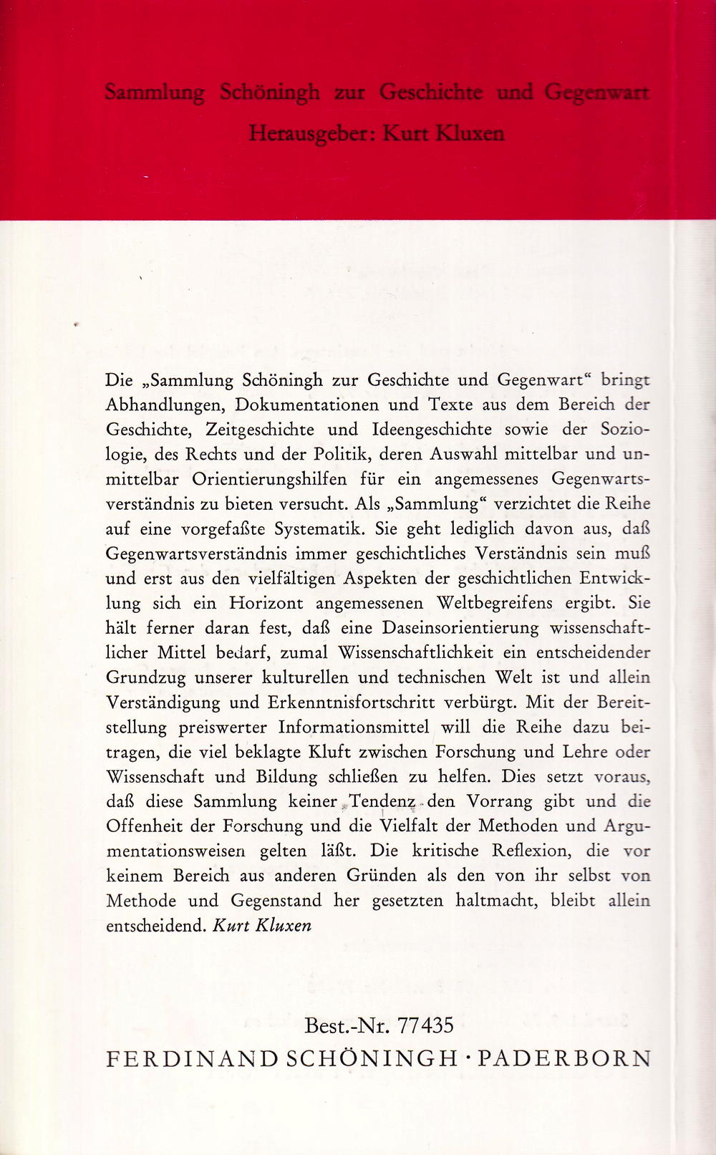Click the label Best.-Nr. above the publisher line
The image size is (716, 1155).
347,1025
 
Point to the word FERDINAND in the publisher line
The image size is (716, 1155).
192,1059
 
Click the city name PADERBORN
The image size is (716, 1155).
564,1059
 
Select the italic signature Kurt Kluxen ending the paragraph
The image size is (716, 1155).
262,925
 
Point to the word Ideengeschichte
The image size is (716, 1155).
432,430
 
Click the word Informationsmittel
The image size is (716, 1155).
354,728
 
